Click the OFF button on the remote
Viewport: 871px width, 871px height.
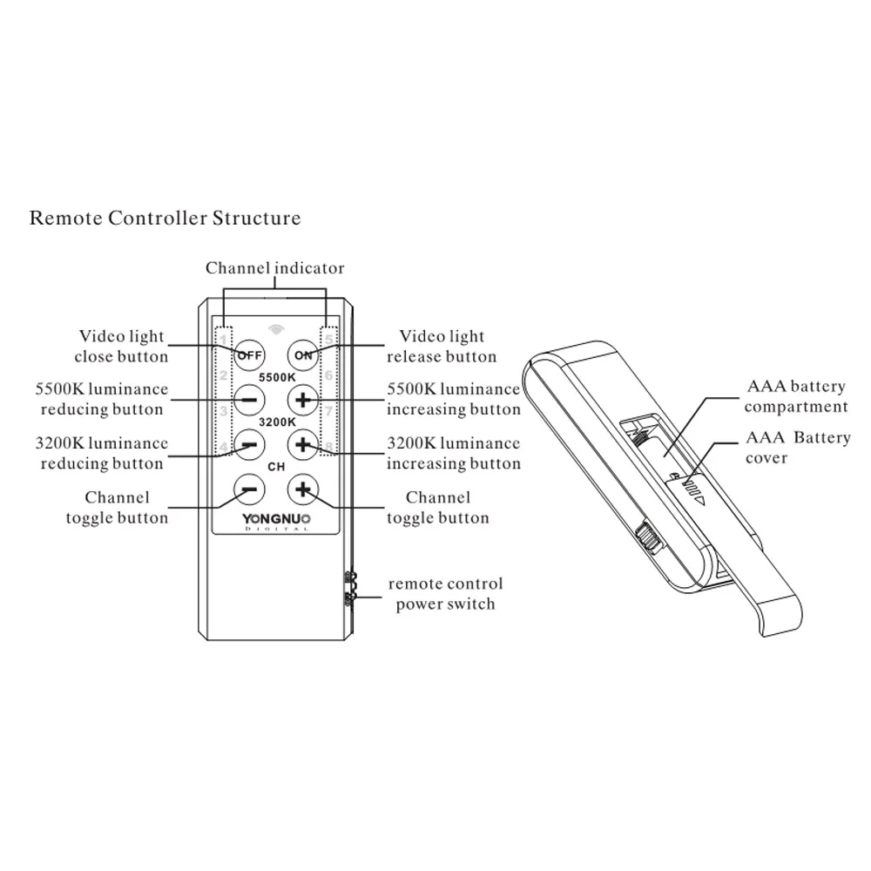coord(249,355)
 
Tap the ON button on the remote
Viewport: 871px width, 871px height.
coord(303,355)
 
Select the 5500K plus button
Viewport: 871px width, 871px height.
coord(303,400)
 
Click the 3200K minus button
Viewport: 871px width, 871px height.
coord(249,445)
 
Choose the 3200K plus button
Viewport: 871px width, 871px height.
coord(303,445)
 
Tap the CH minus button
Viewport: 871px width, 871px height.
coord(249,490)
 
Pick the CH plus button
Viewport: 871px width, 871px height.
coord(303,490)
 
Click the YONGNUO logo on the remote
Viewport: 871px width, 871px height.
coord(276,521)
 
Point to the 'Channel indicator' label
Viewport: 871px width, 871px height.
coord(275,268)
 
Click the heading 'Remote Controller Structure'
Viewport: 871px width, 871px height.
coord(165,218)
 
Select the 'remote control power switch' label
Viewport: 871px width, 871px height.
coord(445,594)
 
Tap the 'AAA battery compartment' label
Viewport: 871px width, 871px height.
coord(796,396)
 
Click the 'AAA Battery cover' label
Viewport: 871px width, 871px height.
coord(798,447)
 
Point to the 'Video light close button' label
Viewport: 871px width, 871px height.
coord(121,346)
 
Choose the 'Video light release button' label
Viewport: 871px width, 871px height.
coord(442,346)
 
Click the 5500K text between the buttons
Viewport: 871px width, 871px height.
coord(277,378)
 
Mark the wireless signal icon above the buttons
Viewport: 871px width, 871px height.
coord(276,329)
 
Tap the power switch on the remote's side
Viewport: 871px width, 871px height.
coord(350,589)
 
